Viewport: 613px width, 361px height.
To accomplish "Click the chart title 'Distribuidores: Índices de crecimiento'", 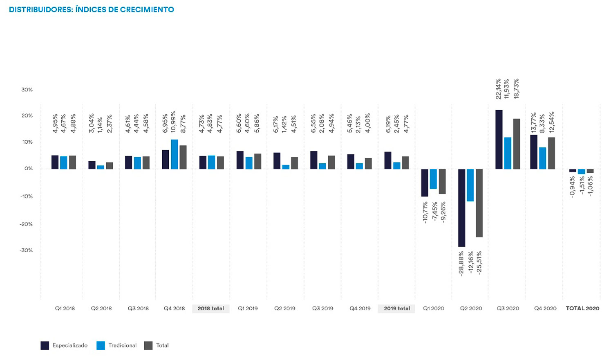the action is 92,9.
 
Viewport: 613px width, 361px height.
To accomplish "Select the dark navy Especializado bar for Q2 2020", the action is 461,208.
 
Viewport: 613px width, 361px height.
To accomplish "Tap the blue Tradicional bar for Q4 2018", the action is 175,154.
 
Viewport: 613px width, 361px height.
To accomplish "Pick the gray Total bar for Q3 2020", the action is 517,144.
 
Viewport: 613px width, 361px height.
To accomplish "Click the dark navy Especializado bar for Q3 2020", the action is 499,140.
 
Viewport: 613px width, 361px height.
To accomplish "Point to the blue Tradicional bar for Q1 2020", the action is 433,179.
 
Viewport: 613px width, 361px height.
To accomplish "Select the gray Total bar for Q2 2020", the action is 479,203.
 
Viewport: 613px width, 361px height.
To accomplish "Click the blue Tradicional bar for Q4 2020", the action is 543,158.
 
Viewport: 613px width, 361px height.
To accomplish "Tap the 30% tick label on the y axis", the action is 27,90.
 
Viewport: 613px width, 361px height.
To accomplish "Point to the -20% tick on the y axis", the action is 26,224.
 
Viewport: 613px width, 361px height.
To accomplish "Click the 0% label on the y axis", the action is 29,169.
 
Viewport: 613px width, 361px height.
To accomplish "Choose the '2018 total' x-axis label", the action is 211,308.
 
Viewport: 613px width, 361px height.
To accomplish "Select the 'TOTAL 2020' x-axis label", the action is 583,308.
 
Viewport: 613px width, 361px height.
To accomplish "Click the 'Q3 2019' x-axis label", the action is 323,308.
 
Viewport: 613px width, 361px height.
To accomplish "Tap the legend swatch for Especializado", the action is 45,345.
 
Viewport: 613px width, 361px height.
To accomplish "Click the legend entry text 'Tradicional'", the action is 122,345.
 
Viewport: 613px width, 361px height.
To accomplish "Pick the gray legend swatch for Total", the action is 148,345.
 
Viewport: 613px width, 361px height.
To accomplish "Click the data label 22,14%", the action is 499,89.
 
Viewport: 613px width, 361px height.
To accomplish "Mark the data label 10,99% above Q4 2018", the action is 174,122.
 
